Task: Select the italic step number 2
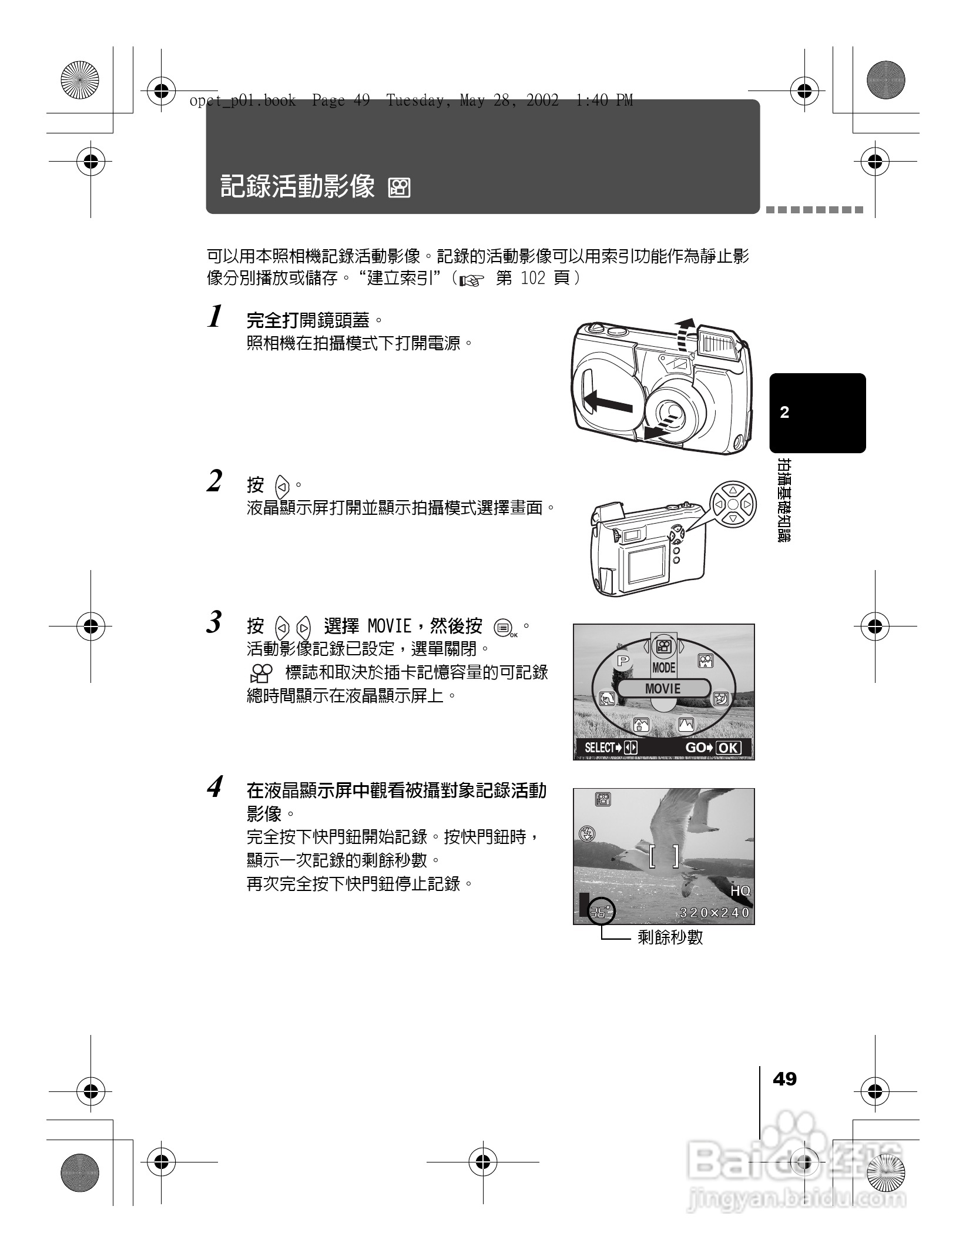(x=215, y=481)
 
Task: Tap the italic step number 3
(x=215, y=622)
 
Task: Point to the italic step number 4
(x=216, y=787)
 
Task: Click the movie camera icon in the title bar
(x=400, y=188)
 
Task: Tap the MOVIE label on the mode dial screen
(x=663, y=689)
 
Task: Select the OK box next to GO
(x=729, y=748)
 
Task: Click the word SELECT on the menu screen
(x=599, y=748)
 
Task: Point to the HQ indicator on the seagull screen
(x=740, y=891)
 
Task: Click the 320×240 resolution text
(x=715, y=913)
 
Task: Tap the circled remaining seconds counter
(x=601, y=912)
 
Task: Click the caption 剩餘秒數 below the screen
(x=670, y=937)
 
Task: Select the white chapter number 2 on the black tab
(x=784, y=413)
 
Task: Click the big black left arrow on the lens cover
(x=609, y=404)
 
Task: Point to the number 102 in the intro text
(x=533, y=278)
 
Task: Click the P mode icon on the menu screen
(x=622, y=661)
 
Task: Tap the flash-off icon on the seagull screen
(x=587, y=833)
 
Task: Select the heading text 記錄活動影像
(x=297, y=187)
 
